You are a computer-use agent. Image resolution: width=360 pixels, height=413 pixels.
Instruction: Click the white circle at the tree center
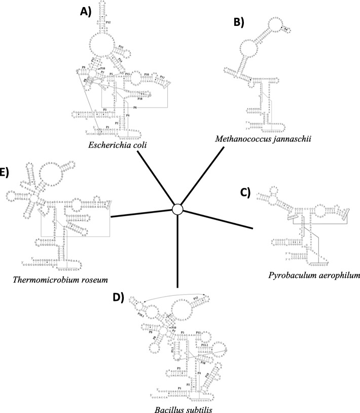coord(177,209)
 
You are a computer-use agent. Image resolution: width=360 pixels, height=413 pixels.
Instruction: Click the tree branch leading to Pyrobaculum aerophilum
coord(218,217)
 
